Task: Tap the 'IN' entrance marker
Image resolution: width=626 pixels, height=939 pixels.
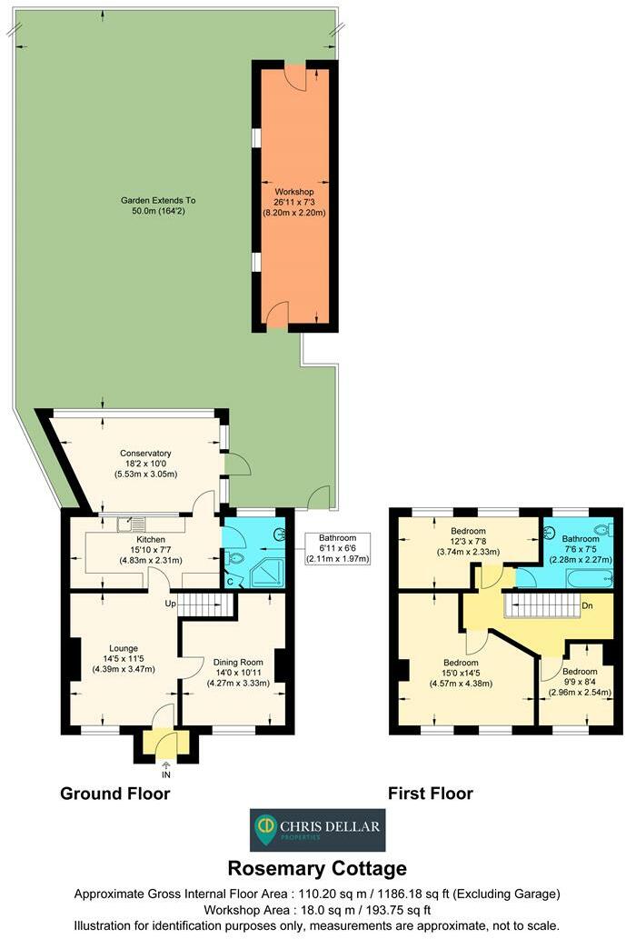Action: point(165,774)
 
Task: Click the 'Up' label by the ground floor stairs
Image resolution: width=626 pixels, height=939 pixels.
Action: point(169,604)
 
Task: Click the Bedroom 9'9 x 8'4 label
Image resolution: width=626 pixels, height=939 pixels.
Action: point(579,682)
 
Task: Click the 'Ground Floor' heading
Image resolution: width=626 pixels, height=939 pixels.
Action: point(114,794)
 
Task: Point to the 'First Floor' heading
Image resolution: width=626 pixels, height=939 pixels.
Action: point(430,794)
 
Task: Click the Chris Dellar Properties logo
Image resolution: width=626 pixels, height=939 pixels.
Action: point(317,830)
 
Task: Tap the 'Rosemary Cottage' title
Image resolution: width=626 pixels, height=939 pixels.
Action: point(317,868)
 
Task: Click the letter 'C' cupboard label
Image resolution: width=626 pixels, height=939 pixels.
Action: point(230,582)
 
